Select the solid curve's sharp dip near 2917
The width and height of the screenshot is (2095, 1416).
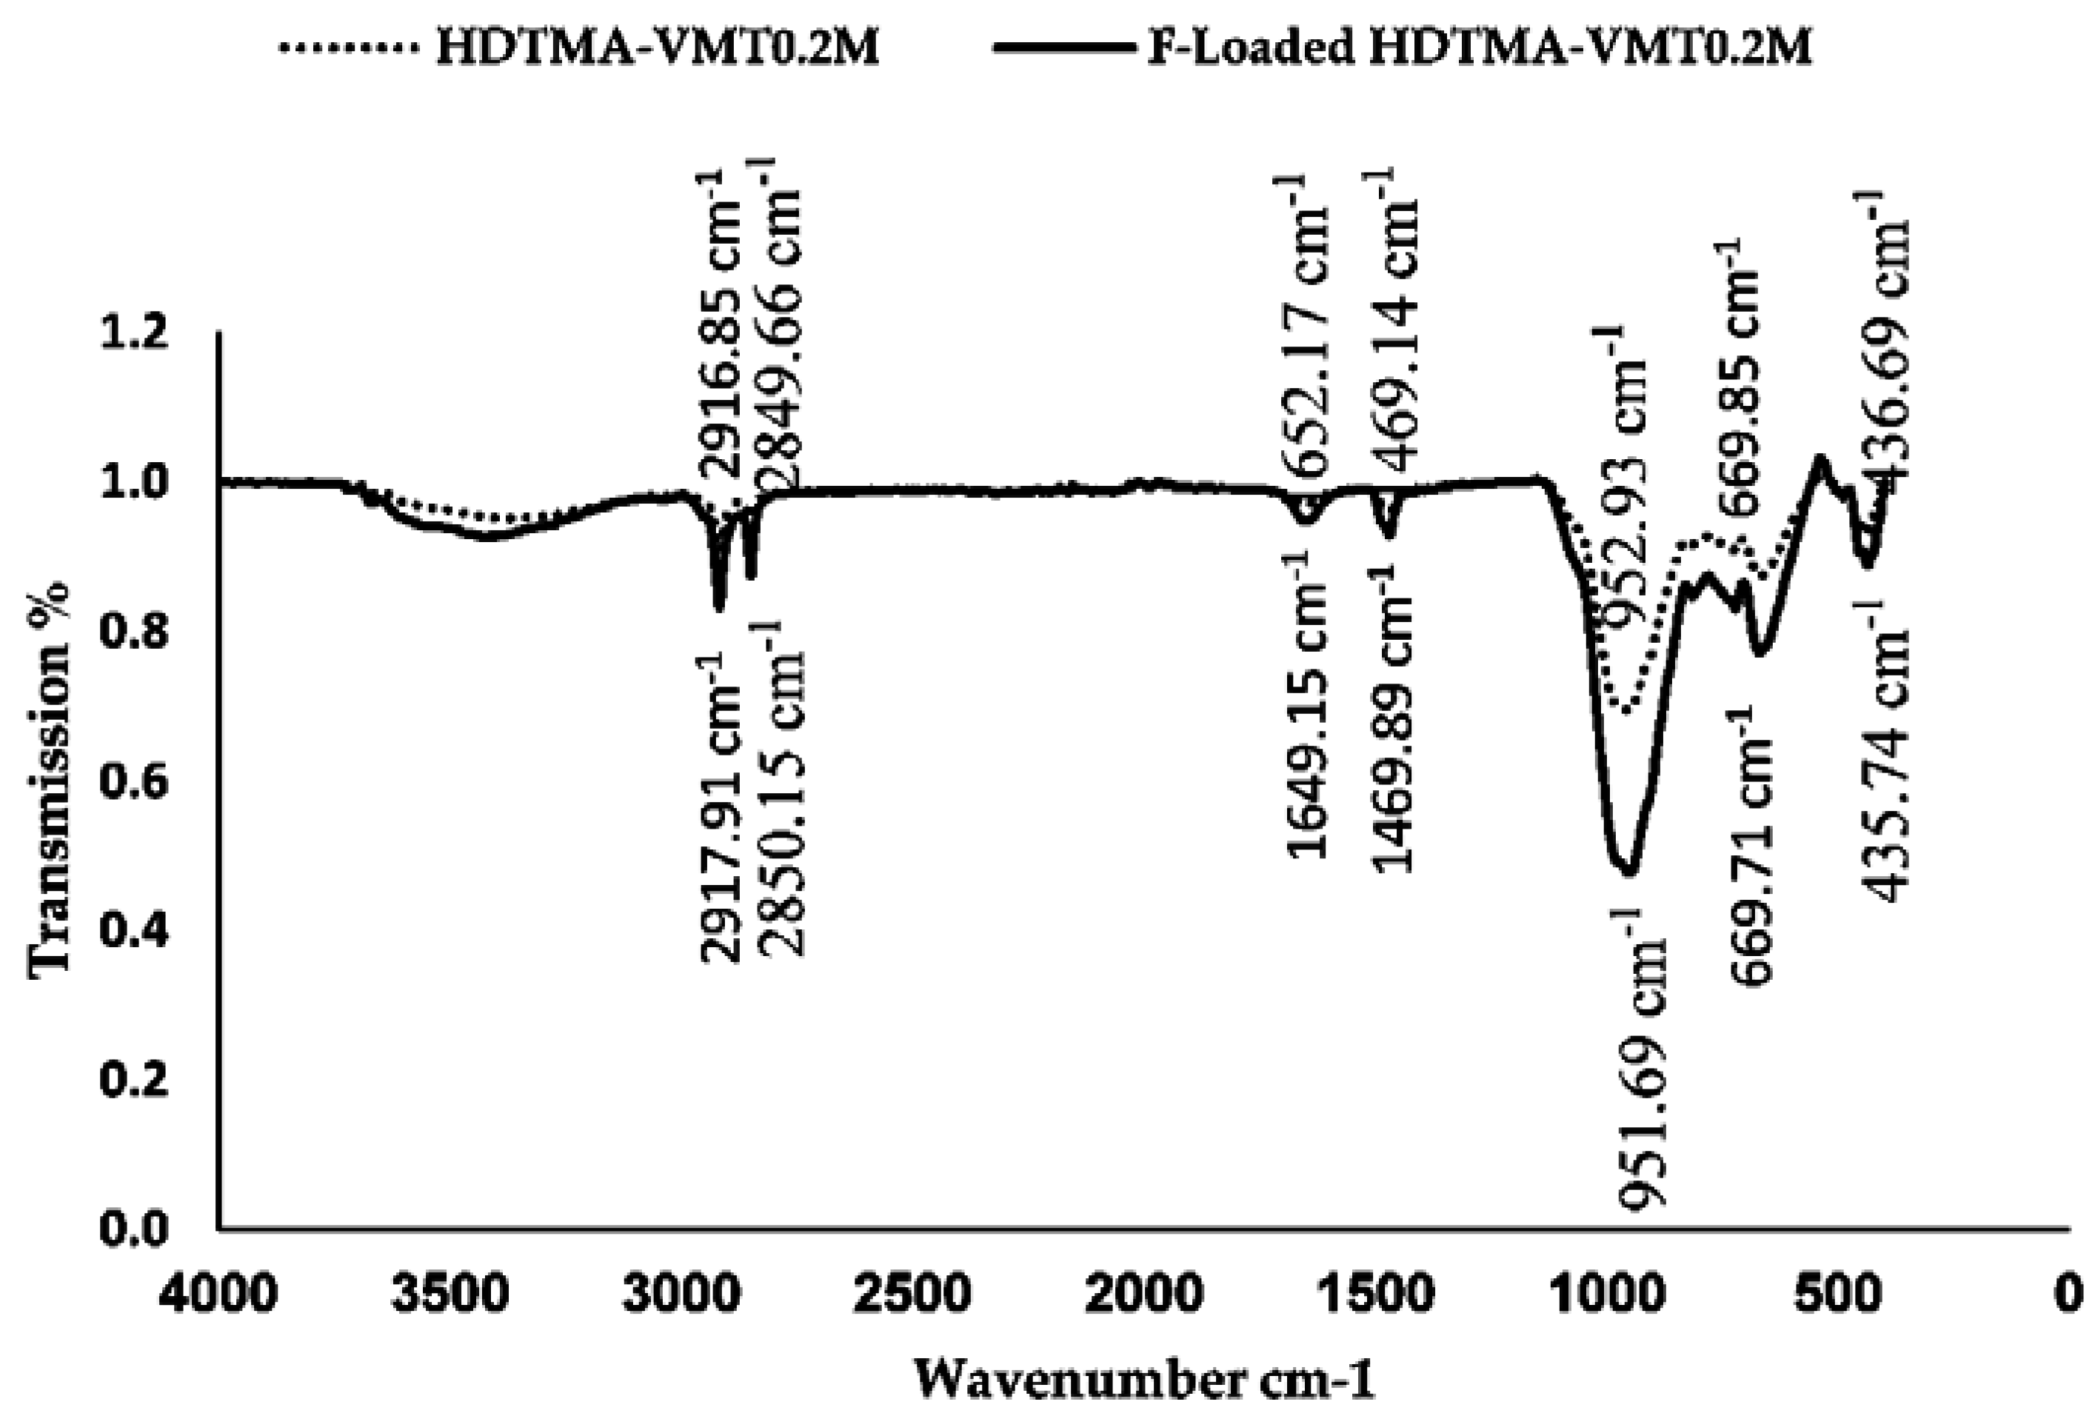pyautogui.click(x=718, y=609)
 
